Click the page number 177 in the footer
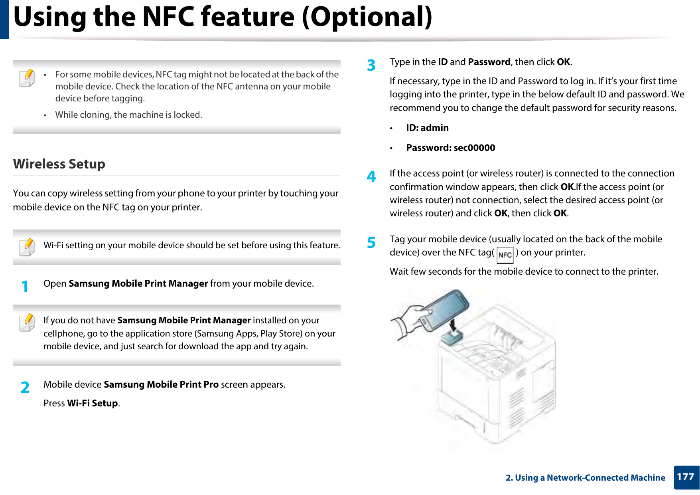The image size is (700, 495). (x=686, y=477)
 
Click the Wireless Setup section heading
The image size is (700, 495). (x=59, y=164)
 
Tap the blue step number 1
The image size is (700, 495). (x=25, y=286)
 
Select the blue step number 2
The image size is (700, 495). (x=25, y=387)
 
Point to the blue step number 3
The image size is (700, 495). (x=371, y=65)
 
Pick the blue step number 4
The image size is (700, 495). (x=371, y=176)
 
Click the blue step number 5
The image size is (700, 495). (x=371, y=242)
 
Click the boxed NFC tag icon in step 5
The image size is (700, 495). (x=505, y=255)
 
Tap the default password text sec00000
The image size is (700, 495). (x=474, y=148)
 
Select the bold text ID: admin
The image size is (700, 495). (x=427, y=128)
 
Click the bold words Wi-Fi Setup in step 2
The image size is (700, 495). (x=93, y=403)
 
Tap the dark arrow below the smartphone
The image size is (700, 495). (x=454, y=325)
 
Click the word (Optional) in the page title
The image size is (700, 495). (x=367, y=17)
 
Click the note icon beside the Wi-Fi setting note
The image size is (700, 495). (x=27, y=247)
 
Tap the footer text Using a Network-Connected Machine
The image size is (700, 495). (x=590, y=477)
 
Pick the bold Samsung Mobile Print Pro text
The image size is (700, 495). (x=161, y=384)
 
